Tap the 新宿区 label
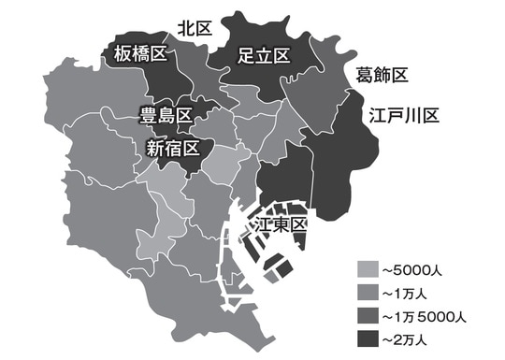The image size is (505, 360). coord(173,148)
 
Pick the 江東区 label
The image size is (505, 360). coord(281,225)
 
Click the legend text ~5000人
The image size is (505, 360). coord(415,270)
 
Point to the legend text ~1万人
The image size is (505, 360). coord(408,292)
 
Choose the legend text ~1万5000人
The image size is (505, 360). coord(429,313)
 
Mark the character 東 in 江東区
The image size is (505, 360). coord(281,225)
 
